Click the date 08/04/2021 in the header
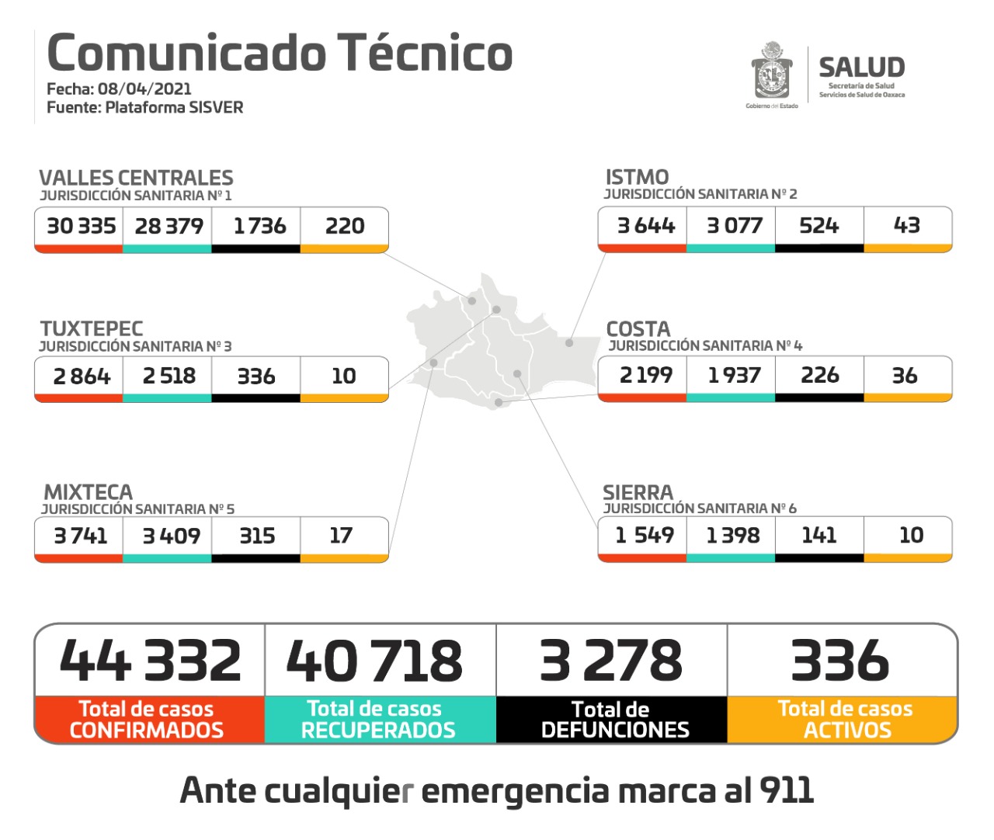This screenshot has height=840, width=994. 144,89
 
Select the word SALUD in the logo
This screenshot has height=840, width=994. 861,68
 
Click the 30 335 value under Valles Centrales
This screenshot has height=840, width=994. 81,226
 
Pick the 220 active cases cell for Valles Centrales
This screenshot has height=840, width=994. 345,226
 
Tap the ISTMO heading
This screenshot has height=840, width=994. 637,177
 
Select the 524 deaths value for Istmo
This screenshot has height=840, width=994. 818,225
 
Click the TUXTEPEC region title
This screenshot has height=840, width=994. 92,328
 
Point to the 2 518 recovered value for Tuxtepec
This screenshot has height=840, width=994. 169,376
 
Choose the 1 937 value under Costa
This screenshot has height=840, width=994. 734,375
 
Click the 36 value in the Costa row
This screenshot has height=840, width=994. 905,375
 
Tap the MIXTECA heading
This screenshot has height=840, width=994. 88,492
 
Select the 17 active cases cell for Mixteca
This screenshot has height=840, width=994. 341,535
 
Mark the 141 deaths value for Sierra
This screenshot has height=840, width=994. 818,534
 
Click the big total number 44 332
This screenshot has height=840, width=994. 151,661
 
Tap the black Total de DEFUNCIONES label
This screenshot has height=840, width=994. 613,720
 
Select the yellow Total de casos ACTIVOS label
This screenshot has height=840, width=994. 845,720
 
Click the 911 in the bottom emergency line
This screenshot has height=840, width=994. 786,790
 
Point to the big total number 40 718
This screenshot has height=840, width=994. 374,661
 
